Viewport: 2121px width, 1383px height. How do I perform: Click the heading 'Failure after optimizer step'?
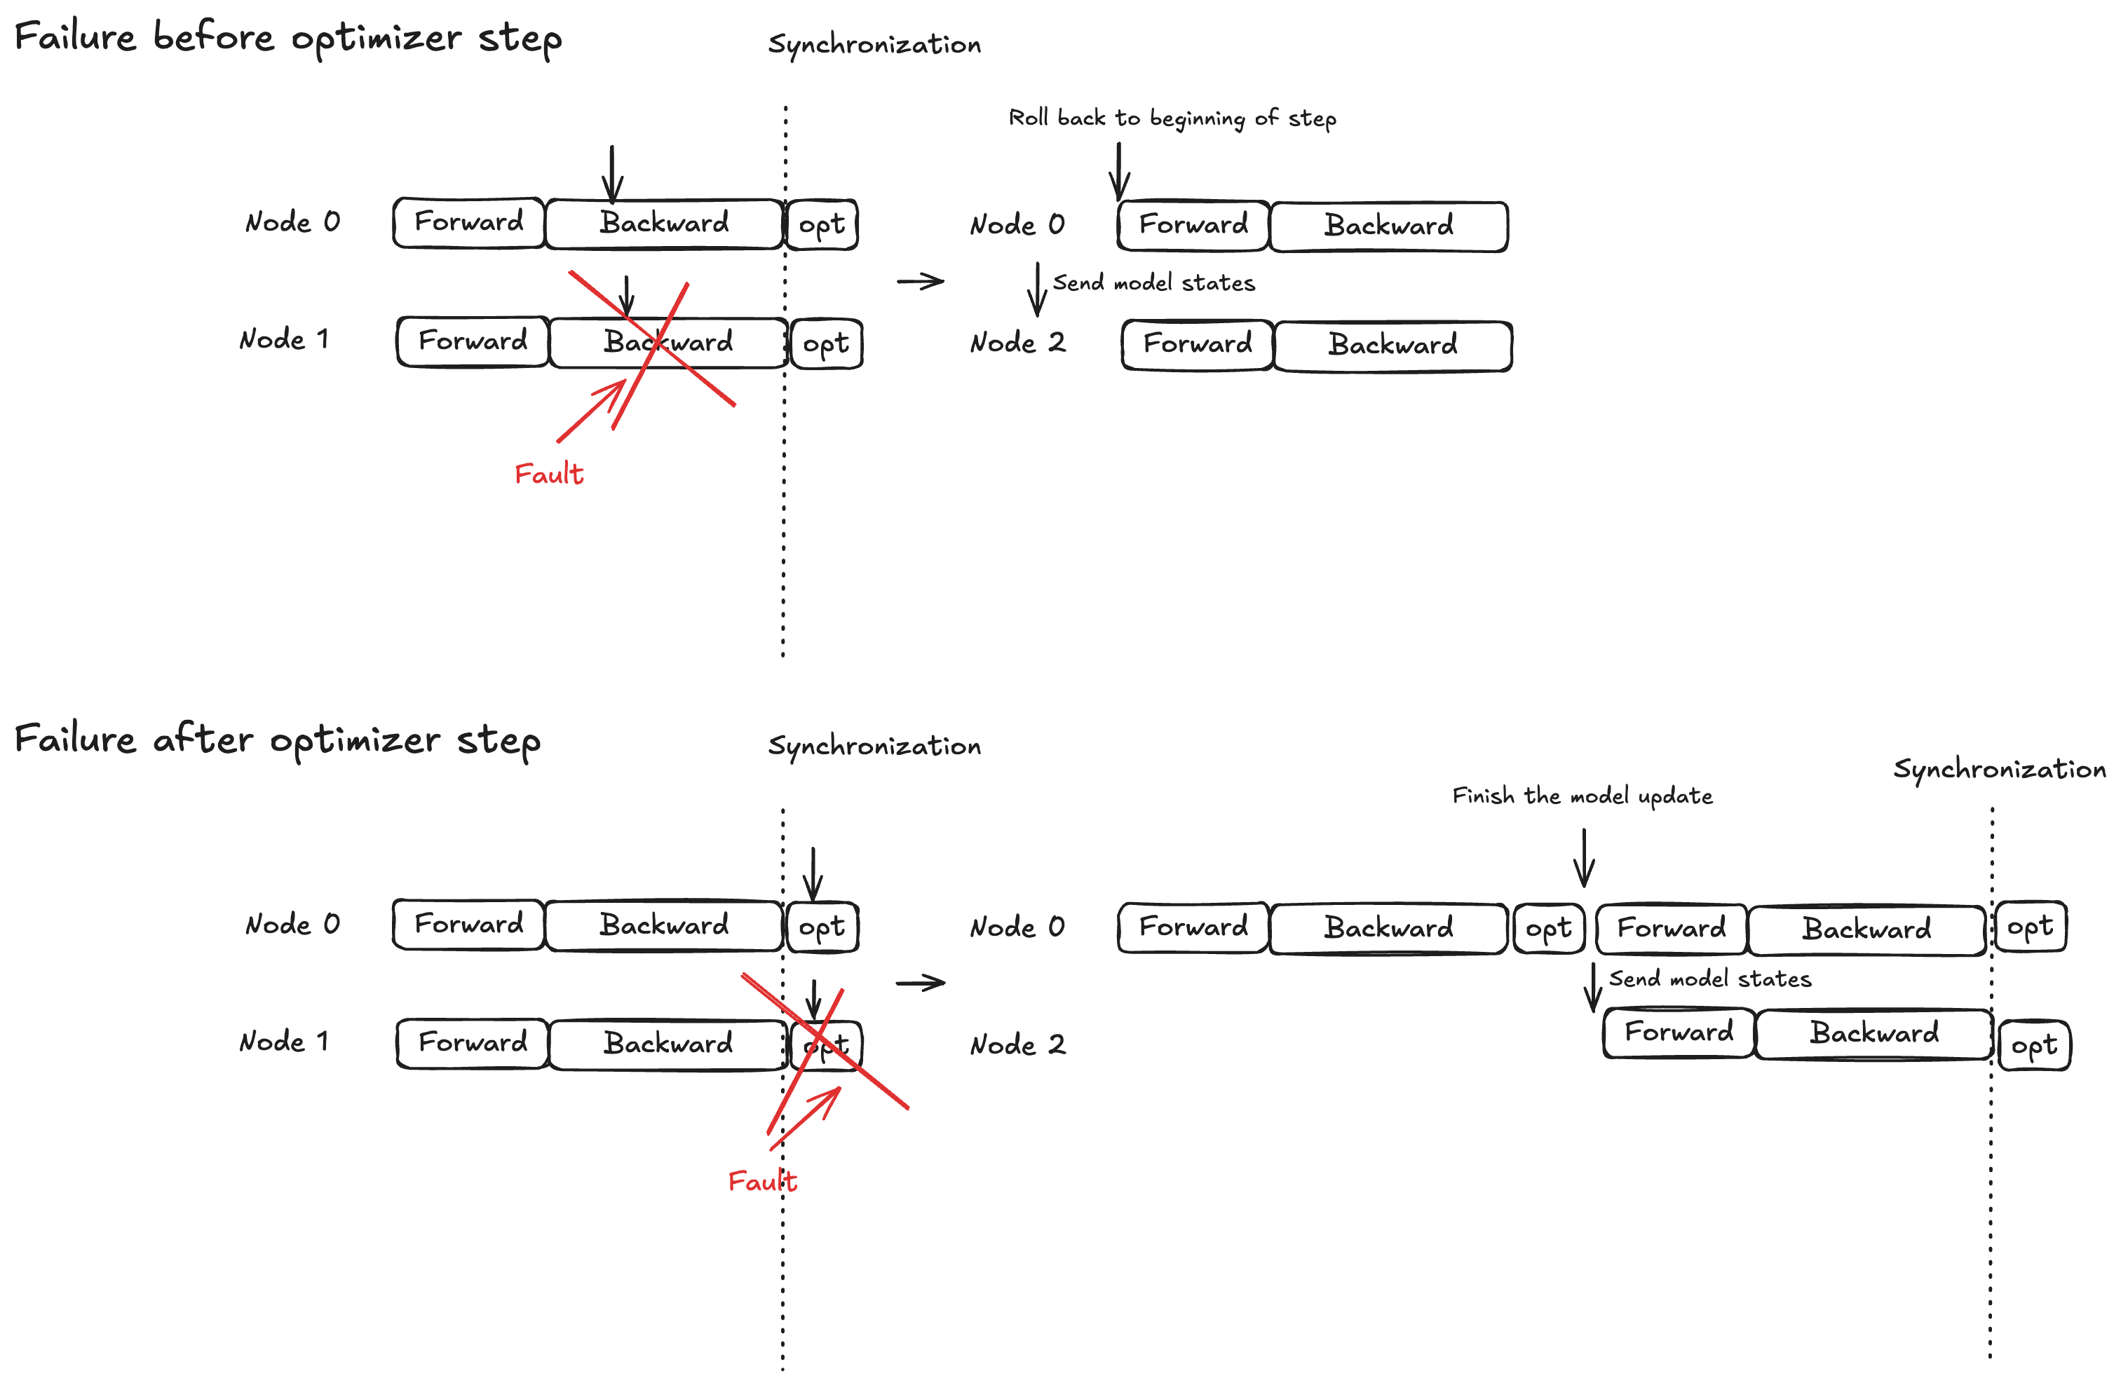click(x=277, y=740)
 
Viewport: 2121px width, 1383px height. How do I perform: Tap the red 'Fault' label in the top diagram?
click(x=549, y=474)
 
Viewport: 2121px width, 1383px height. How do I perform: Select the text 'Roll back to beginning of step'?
click(x=1172, y=118)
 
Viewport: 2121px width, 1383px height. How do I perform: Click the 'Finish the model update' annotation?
click(x=1582, y=796)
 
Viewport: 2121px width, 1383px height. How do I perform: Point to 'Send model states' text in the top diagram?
click(x=1153, y=283)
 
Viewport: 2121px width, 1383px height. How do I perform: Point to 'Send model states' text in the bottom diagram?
click(x=1709, y=979)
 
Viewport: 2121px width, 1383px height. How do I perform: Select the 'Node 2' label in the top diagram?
click(x=1017, y=343)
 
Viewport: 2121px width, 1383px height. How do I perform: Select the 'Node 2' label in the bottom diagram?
click(x=1017, y=1044)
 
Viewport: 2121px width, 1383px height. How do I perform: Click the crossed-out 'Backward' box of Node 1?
click(x=668, y=343)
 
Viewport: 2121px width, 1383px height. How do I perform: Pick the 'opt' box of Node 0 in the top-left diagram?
click(x=822, y=224)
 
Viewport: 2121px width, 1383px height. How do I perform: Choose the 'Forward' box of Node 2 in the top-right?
click(x=1197, y=345)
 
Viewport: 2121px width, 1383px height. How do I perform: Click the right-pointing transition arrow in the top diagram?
click(x=921, y=282)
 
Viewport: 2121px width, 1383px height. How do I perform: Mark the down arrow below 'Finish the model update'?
click(x=1584, y=857)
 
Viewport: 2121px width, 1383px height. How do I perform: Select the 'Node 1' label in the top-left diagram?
click(x=284, y=339)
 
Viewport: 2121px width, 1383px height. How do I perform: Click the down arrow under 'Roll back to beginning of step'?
click(x=1119, y=171)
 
